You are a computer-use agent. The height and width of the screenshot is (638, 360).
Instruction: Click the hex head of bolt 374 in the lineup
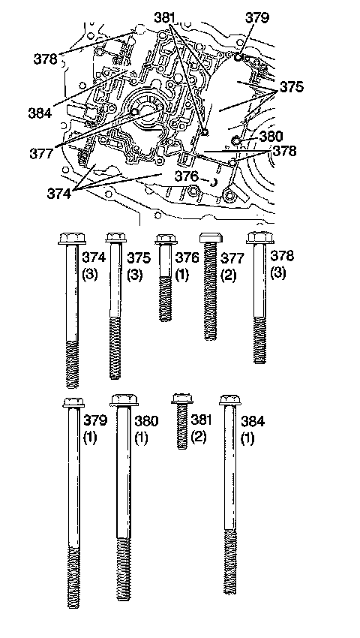coord(71,238)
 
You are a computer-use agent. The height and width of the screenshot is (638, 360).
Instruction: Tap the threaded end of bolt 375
coord(115,348)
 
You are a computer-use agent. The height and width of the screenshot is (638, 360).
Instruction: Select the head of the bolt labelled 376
coord(166,239)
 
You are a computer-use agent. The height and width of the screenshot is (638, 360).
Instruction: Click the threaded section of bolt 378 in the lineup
coord(260,340)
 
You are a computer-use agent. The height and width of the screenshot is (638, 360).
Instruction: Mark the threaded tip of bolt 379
coord(74,577)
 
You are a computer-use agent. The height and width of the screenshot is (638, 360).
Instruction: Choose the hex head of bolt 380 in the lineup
coord(124,399)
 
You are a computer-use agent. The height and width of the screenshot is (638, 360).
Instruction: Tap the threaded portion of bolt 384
coord(230,561)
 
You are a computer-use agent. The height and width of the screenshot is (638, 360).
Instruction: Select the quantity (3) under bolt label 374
coord(90,274)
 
